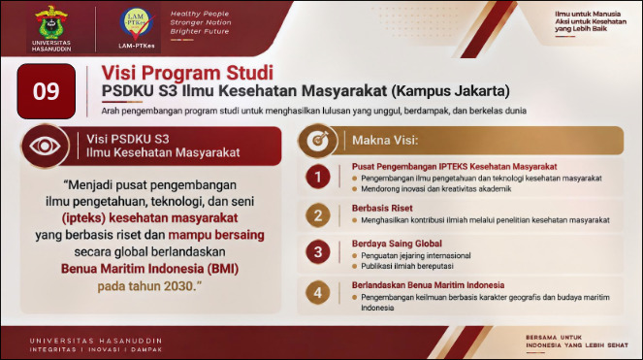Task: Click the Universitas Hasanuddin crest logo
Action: [x=51, y=22]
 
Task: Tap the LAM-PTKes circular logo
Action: [x=137, y=23]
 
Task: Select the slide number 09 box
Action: [x=47, y=91]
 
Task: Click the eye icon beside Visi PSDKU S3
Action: [x=46, y=147]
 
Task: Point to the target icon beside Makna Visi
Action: [x=318, y=141]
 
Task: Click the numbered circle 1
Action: [x=318, y=177]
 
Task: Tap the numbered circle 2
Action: [x=318, y=215]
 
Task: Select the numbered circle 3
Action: [x=318, y=251]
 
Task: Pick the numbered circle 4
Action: [x=318, y=293]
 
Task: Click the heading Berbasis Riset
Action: [x=382, y=208]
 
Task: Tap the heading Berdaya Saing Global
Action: [x=397, y=244]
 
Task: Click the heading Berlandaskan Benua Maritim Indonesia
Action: [x=428, y=285]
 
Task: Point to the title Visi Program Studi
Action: [x=187, y=73]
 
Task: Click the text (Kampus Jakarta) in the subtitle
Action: [x=450, y=90]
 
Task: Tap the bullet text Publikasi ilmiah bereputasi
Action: [x=407, y=266]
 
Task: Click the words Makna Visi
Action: [x=385, y=141]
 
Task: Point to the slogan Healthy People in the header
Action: [x=200, y=14]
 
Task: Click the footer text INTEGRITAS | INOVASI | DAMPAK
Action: [x=96, y=349]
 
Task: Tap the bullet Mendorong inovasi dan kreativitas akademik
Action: [x=436, y=189]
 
